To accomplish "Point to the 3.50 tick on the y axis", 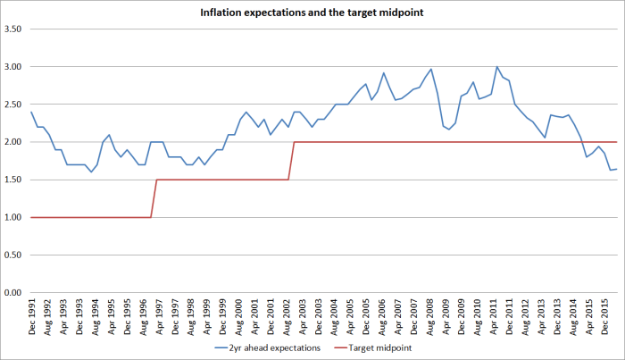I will (x=15, y=29).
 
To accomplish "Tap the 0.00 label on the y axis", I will (x=15, y=292).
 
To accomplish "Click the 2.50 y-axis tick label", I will (x=15, y=105).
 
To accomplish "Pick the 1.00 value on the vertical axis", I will (x=15, y=217).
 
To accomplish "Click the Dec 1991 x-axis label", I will (x=33, y=314).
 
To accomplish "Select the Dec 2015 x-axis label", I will (x=606, y=314).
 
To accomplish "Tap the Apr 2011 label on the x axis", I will (x=496, y=314).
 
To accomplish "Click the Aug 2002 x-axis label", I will (x=288, y=314).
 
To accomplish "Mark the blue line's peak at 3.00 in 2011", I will (x=496, y=67).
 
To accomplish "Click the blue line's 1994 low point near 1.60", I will (x=91, y=172).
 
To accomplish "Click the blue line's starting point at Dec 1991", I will (x=31, y=112).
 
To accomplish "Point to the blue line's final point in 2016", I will (x=616, y=169).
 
